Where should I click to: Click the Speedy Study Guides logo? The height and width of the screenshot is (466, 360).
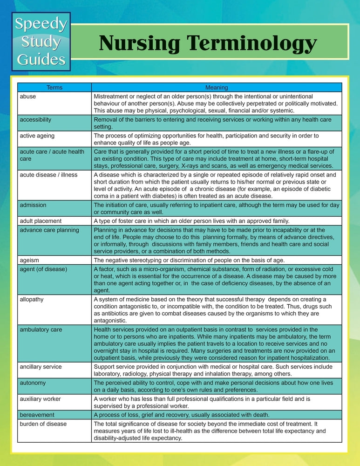coord(41,42)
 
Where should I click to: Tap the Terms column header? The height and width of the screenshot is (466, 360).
coord(54,87)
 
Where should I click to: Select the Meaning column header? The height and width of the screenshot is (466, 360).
coord(217,87)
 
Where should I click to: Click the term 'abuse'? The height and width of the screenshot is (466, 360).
coord(28,96)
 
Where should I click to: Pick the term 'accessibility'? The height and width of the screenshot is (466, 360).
coord(35,120)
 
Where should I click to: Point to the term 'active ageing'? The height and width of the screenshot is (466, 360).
coord(37,136)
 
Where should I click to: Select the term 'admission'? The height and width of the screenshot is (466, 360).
coord(33,205)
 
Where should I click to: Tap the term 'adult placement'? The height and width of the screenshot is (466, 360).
coord(41,221)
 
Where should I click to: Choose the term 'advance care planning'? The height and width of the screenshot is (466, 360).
coord(49,230)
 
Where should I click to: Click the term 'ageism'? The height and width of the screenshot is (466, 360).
coord(29,260)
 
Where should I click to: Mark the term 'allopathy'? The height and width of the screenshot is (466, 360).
coord(32,299)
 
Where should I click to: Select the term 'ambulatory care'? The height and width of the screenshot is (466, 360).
coord(41,329)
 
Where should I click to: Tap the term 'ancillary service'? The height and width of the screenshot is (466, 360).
coord(42,367)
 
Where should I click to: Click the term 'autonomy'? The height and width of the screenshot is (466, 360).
coord(33,383)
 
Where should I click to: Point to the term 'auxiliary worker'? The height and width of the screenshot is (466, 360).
coord(40,399)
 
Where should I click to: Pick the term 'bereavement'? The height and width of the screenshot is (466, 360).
coord(37,415)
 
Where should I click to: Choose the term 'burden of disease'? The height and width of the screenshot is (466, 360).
coord(43,424)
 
